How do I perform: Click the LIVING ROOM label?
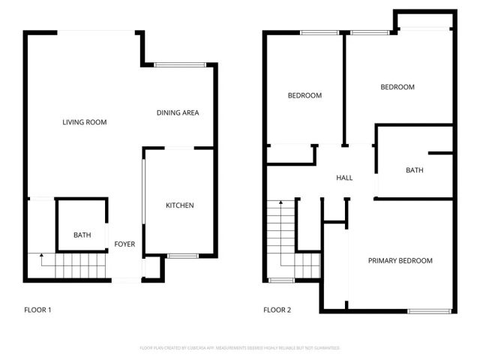tap(84, 121)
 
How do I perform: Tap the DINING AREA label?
tap(178, 113)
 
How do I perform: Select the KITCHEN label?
tap(180, 205)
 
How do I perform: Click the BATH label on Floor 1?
tap(82, 235)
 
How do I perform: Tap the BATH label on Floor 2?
tap(414, 170)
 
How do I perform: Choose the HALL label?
tap(344, 178)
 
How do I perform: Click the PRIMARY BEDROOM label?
tap(400, 261)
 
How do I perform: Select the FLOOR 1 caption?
tap(37, 310)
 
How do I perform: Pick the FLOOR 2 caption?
tap(277, 310)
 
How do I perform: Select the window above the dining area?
tap(180, 64)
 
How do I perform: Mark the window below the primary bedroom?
tap(429, 310)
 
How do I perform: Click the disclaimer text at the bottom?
tap(240, 348)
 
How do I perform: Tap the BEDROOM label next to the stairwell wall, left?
tap(304, 95)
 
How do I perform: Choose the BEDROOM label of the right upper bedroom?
tap(397, 87)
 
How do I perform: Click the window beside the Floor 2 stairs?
tap(281, 280)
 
